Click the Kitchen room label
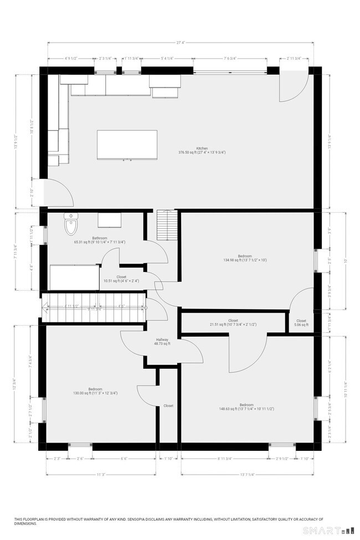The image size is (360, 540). (202, 148)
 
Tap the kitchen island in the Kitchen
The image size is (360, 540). (127, 145)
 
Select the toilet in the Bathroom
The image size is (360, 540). (71, 225)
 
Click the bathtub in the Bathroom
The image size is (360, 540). (75, 276)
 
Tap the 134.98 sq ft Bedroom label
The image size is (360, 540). (245, 258)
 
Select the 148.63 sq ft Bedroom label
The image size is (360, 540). (246, 407)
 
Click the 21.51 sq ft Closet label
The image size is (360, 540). (233, 322)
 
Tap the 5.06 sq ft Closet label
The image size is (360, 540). (301, 322)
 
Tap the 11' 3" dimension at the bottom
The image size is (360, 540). (101, 474)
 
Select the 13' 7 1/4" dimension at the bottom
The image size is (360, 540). (247, 474)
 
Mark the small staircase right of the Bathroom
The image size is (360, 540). (166, 225)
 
